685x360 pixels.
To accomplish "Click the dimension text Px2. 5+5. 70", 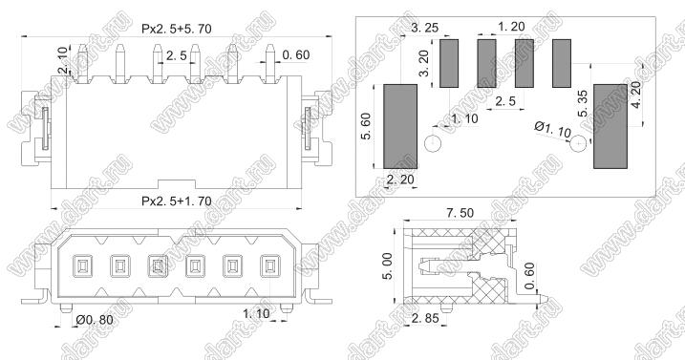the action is point(176,29).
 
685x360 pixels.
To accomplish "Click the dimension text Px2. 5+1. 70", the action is point(176,201).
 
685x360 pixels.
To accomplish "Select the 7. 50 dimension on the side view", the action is point(460,213).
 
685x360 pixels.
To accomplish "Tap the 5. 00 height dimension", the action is point(388,265).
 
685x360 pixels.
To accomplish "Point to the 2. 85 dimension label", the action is point(424,318).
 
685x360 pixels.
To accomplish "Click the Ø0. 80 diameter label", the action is point(94,320).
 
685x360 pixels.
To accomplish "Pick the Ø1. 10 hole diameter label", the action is point(552,130).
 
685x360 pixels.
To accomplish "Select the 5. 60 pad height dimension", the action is point(366,126).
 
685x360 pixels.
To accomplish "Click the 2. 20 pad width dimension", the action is point(399,180).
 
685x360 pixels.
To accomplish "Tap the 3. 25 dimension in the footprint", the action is point(424,28).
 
